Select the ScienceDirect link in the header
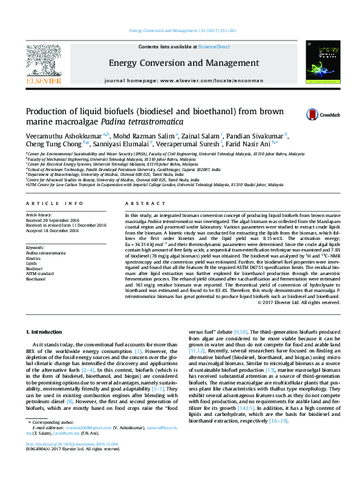[215, 47]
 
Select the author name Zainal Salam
[201, 135]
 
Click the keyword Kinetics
[34, 258]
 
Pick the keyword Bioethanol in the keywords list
[36, 279]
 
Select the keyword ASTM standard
[40, 274]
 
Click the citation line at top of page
[180, 30]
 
